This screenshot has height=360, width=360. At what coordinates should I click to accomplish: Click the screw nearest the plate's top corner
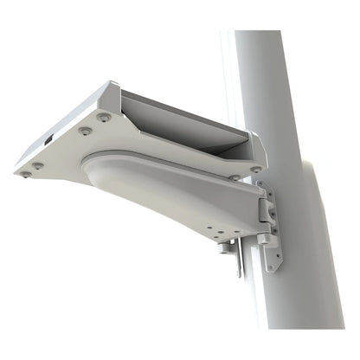click(104, 115)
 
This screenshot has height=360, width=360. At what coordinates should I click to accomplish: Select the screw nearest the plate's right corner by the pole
click(255, 169)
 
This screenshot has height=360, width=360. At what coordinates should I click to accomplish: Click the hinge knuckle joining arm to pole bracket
click(268, 209)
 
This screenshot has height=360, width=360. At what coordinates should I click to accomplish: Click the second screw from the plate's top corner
click(85, 131)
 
